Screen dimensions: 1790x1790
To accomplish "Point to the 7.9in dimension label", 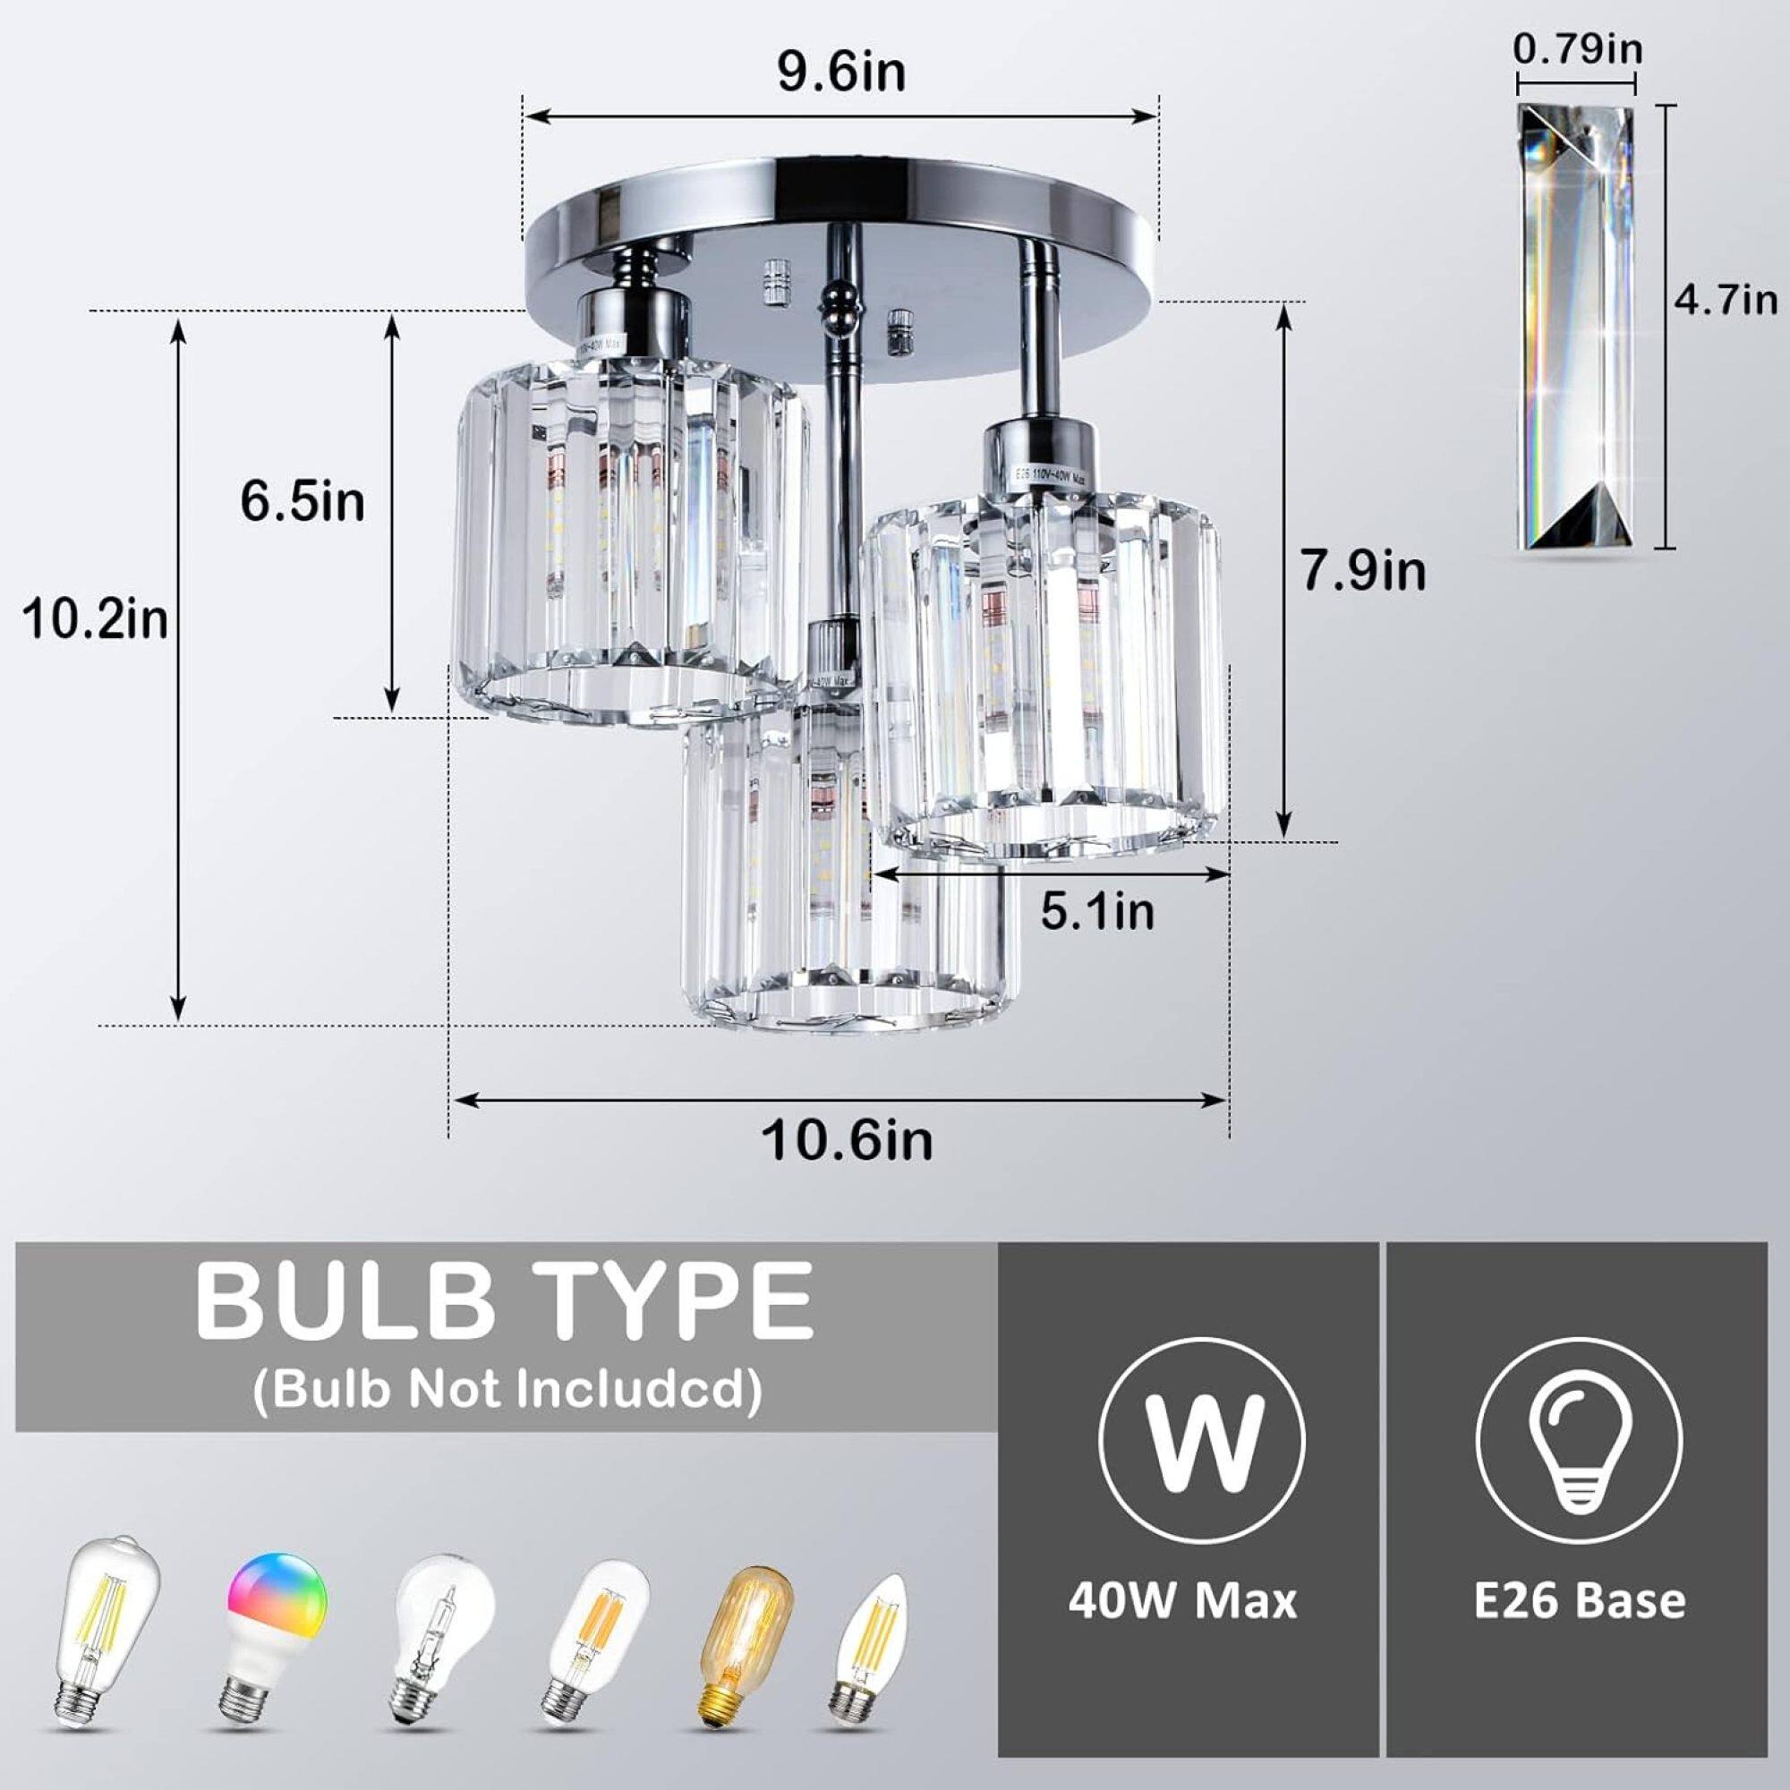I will [1363, 571].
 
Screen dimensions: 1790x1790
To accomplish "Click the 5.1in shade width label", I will [1098, 912].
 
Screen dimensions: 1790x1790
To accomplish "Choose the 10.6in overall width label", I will [847, 1140].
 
